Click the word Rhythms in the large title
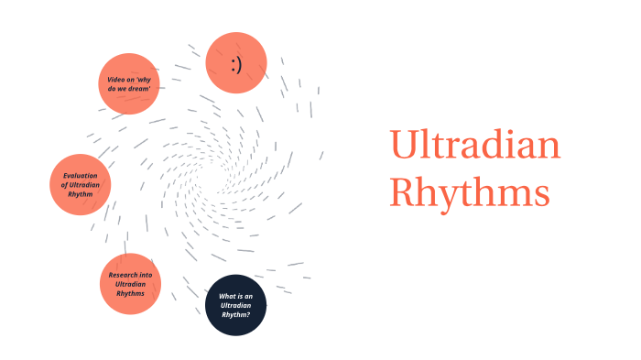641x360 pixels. click(x=469, y=192)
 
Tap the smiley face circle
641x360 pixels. click(x=235, y=62)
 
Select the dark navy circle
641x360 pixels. click(x=234, y=305)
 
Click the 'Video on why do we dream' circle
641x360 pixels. click(x=128, y=83)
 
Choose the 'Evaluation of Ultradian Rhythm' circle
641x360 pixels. click(x=80, y=184)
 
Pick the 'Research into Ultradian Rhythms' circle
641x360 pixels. click(x=130, y=284)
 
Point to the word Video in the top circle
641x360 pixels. click(x=115, y=79)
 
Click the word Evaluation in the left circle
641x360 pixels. click(x=81, y=175)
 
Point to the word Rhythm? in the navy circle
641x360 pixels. click(x=235, y=315)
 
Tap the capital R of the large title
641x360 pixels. click(x=405, y=192)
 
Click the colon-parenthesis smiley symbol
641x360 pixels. click(x=235, y=62)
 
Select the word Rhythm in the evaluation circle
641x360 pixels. click(x=80, y=194)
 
